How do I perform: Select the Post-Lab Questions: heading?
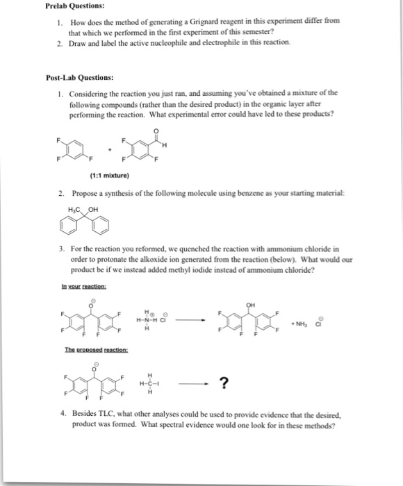pyautogui.click(x=81, y=78)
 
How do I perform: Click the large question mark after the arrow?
pyautogui.click(x=224, y=383)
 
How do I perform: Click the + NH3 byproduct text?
pyautogui.click(x=300, y=323)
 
